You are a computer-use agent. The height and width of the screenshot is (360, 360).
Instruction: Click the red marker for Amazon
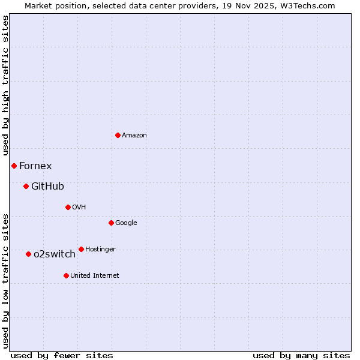tap(118, 135)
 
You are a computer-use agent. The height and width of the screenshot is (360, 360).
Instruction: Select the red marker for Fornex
tap(14, 166)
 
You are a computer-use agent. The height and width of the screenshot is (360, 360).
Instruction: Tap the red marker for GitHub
tap(26, 186)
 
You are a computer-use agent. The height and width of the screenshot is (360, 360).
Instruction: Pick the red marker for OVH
tap(68, 207)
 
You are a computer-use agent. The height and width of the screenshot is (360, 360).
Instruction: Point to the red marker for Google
tap(111, 223)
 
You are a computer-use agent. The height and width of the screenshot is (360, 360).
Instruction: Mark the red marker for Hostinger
tap(81, 249)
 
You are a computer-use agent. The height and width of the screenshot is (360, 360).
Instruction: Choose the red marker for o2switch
tap(28, 254)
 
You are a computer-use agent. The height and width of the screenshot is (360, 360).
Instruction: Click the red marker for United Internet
tap(66, 275)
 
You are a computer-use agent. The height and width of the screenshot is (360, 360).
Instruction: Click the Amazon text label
tap(134, 136)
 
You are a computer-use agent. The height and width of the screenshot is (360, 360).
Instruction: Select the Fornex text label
tap(35, 166)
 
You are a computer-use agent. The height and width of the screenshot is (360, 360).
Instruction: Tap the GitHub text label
tap(47, 187)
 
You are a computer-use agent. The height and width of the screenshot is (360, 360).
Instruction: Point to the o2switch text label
tap(55, 254)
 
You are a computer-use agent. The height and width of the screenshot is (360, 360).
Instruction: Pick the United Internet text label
tap(95, 276)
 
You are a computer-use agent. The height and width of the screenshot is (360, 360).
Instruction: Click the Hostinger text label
tap(100, 250)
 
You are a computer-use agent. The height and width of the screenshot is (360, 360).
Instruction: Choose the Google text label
tap(126, 223)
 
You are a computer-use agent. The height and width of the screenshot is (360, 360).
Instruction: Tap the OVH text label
tap(79, 208)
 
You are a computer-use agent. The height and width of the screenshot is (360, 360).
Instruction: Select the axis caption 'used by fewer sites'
tap(62, 355)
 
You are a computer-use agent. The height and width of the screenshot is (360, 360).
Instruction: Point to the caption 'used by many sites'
tap(301, 355)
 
